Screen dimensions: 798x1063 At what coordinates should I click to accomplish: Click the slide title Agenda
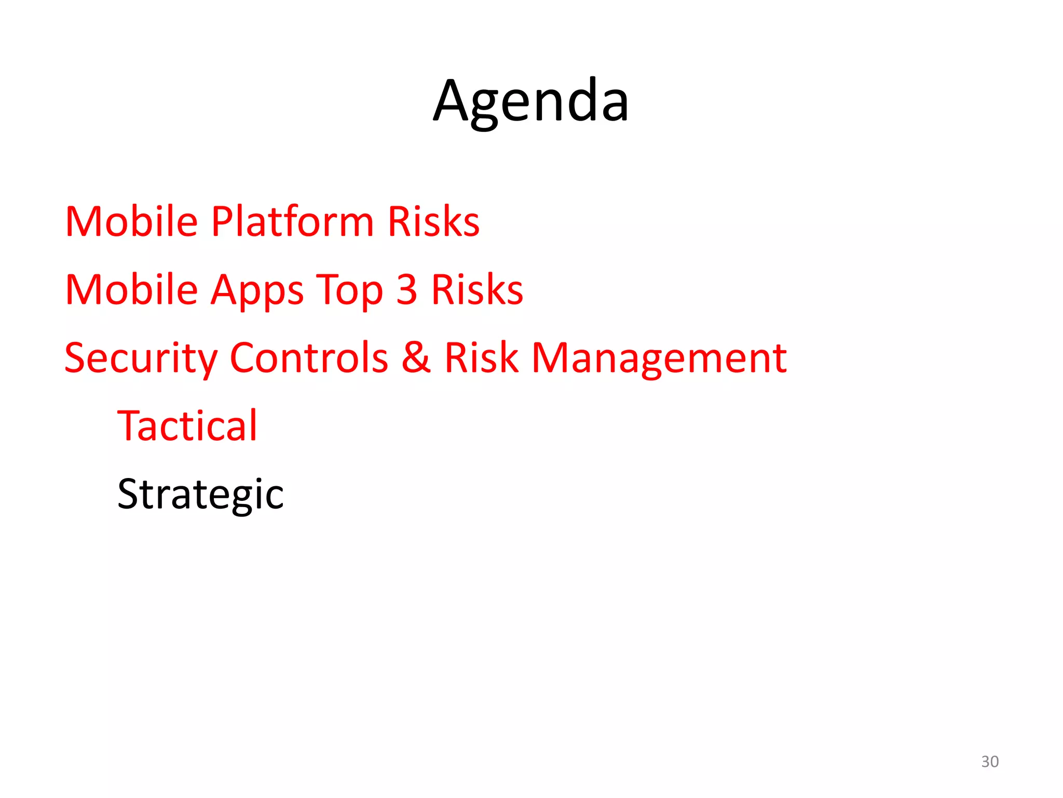(x=531, y=101)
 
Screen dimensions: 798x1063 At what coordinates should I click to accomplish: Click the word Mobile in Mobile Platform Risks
(x=131, y=222)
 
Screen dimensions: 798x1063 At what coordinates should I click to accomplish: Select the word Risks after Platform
(x=433, y=222)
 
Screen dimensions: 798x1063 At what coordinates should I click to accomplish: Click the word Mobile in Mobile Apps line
(x=131, y=290)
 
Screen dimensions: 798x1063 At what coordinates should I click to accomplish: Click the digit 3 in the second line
(x=406, y=290)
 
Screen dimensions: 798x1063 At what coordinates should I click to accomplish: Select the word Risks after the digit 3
(x=477, y=290)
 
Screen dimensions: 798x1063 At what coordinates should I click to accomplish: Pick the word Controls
(x=309, y=358)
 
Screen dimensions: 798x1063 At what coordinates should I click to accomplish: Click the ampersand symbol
(x=416, y=358)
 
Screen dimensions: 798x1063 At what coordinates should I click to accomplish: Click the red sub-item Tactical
(x=187, y=426)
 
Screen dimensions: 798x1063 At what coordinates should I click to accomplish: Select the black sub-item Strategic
(x=200, y=495)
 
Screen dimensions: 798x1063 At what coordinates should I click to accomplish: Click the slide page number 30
(x=990, y=762)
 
